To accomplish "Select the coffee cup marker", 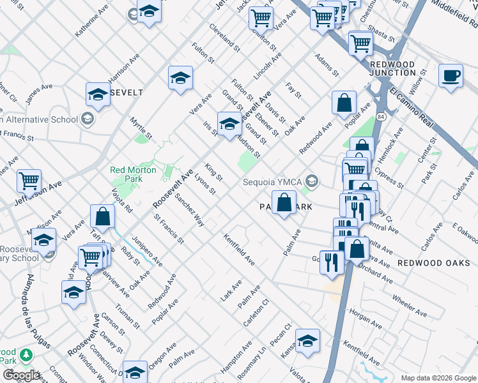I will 451,75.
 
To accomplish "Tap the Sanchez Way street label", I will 189,211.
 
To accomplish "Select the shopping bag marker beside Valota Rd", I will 102,216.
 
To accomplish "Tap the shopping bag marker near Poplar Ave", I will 344,102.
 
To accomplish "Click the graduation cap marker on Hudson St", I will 229,123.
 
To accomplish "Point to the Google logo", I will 21,375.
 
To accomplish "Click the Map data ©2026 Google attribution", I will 438,378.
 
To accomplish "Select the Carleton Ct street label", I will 256,313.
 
